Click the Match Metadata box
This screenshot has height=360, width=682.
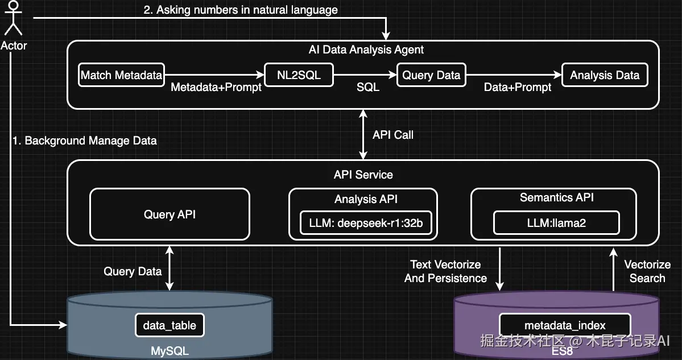[122, 75]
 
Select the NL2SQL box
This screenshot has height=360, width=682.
[299, 75]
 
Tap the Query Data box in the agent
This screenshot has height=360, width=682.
[431, 75]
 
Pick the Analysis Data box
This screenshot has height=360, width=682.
[605, 75]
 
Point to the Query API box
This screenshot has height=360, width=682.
[170, 214]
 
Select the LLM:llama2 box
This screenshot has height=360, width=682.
[556, 223]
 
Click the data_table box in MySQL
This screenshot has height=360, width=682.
[170, 325]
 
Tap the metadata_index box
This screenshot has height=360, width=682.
[565, 325]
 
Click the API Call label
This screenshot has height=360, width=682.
[393, 135]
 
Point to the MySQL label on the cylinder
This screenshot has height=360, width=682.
[170, 351]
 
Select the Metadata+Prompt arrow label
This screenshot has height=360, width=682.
[216, 87]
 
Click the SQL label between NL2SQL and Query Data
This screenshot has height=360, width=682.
[367, 87]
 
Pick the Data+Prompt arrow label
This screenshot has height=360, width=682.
[518, 87]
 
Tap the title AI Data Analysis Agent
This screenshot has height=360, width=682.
[366, 49]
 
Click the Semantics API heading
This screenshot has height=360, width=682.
[556, 197]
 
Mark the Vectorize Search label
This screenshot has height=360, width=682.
[647, 271]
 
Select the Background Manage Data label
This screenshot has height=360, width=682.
[84, 140]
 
